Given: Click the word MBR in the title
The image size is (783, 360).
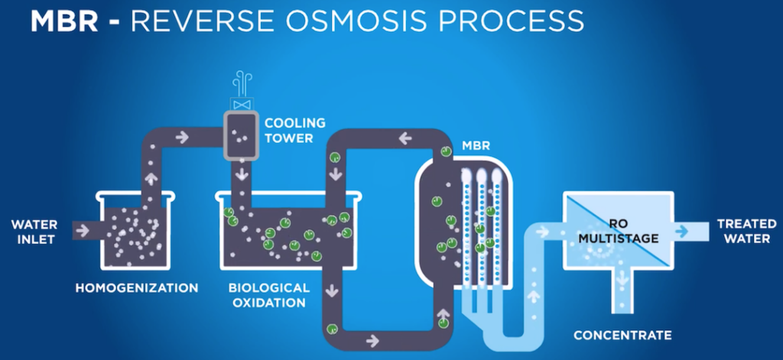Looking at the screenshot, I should pyautogui.click(x=63, y=21).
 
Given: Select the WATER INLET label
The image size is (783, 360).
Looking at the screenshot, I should pyautogui.click(x=34, y=231).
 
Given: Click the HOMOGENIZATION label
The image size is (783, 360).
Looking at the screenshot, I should pyautogui.click(x=137, y=288).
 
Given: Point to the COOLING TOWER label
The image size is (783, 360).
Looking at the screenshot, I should pyautogui.click(x=294, y=130).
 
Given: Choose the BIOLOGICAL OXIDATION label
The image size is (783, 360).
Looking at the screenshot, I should pyautogui.click(x=269, y=295).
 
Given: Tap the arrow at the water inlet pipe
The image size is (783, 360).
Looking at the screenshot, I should pyautogui.click(x=83, y=229).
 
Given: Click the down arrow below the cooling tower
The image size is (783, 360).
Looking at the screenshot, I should pyautogui.click(x=242, y=175).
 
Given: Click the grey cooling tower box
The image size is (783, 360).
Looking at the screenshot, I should pyautogui.click(x=242, y=136).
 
